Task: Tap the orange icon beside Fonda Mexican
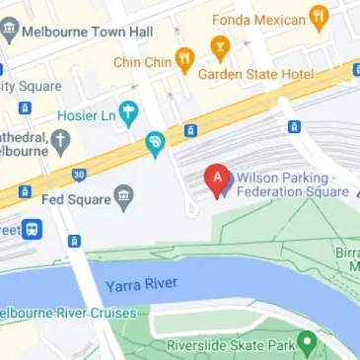318,15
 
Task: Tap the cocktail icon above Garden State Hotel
220,45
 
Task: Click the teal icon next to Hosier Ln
127,112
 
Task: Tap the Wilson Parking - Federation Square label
292,183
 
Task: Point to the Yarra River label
141,285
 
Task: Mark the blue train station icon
34,230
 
